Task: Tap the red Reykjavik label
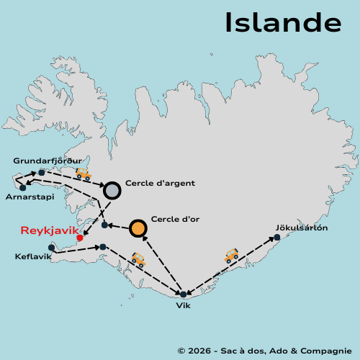(49, 230)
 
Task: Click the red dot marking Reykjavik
(79, 238)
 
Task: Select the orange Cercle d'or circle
(138, 228)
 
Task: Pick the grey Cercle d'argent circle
(112, 190)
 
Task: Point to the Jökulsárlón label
(301, 228)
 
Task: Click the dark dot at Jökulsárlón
(277, 237)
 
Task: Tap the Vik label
(184, 305)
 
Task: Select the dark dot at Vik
(184, 294)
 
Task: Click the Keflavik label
(33, 256)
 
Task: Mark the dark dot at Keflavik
(51, 248)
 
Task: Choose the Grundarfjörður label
(48, 161)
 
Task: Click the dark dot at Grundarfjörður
(42, 172)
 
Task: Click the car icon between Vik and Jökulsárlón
(231, 255)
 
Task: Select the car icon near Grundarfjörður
(84, 174)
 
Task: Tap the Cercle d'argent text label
(160, 183)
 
